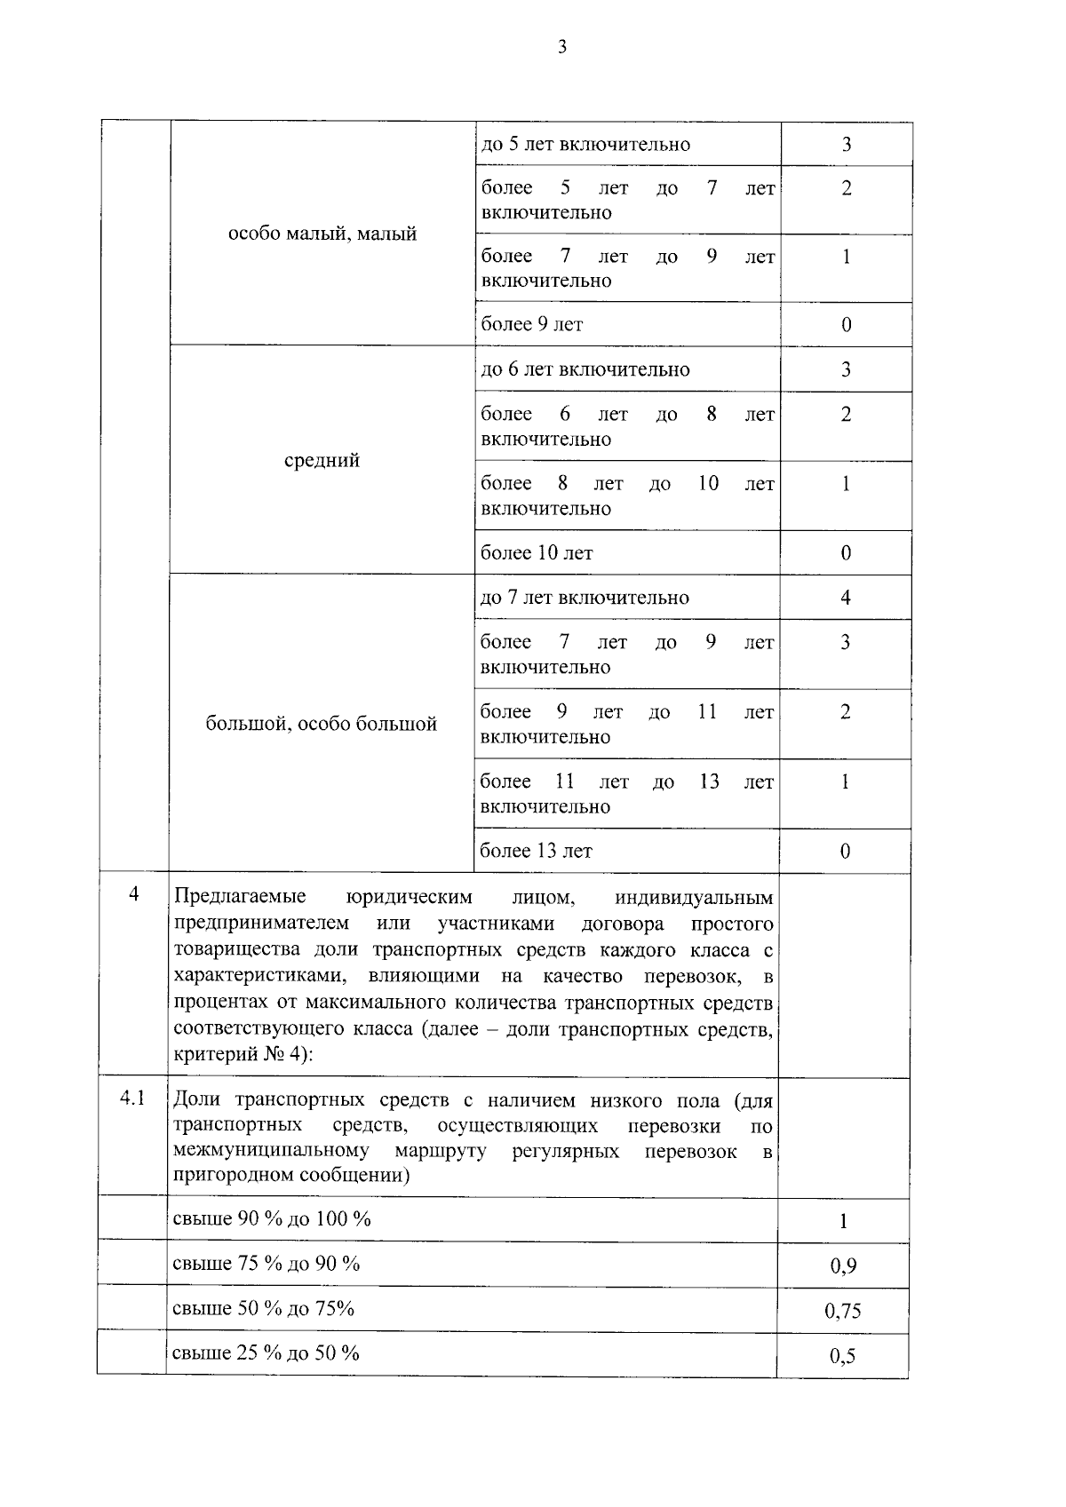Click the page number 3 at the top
561,48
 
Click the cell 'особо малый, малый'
322,234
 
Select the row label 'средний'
322,461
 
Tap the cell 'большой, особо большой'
322,724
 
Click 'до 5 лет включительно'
585,145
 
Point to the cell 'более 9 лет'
531,325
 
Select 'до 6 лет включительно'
585,369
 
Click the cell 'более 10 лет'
536,553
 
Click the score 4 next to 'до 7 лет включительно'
845,598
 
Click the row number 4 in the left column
133,894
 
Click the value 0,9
843,1266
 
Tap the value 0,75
843,1311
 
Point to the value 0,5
842,1356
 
